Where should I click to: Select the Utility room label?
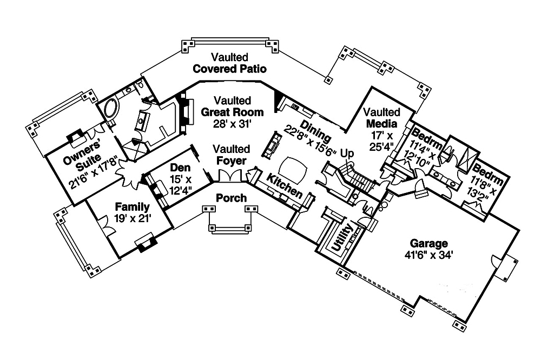pyautogui.click(x=344, y=238)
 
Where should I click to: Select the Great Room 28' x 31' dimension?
pyautogui.click(x=232, y=124)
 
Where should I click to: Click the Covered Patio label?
pyautogui.click(x=230, y=69)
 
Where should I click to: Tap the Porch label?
pyautogui.click(x=231, y=198)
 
